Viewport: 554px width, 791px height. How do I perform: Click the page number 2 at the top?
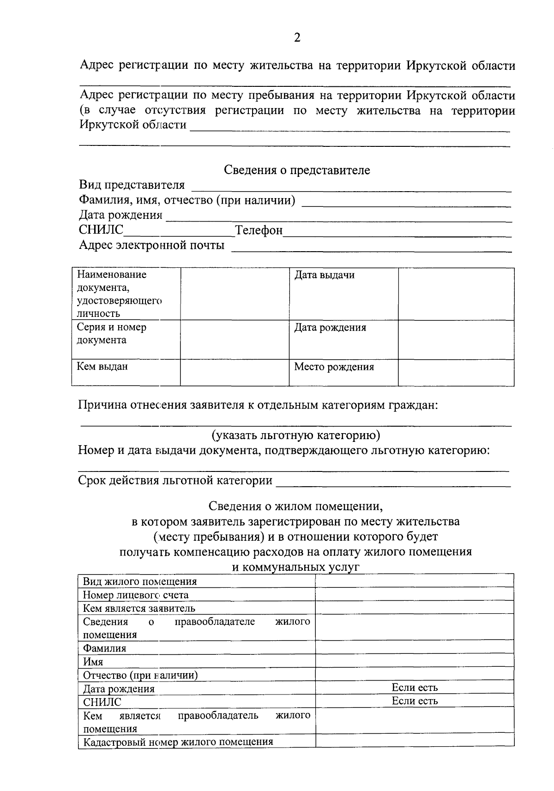coord(297,38)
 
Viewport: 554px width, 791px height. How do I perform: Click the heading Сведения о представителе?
coord(297,170)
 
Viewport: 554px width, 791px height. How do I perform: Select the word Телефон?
coord(259,230)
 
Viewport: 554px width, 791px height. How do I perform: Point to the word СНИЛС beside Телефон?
coord(101,230)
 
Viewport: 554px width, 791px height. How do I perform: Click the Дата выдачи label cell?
coord(325,275)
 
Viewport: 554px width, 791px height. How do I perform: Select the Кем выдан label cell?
coord(102,367)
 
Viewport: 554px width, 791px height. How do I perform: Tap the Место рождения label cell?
coord(334,367)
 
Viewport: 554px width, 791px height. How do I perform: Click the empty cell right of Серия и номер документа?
coord(235,339)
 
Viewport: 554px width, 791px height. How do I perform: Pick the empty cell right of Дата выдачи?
coord(456,294)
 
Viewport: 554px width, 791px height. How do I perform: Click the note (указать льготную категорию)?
coord(295,435)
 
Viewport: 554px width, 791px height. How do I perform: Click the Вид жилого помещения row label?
coord(140,581)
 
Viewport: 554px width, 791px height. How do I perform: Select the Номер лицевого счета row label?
coord(136,595)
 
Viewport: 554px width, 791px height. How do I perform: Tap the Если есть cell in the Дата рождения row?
coord(415,688)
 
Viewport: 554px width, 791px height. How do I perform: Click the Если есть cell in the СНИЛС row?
coord(415,701)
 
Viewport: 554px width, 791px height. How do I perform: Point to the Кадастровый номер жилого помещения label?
coord(178,742)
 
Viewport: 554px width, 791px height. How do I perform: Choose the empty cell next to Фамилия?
coord(415,647)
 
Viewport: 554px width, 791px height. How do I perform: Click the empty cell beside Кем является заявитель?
coord(415,608)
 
